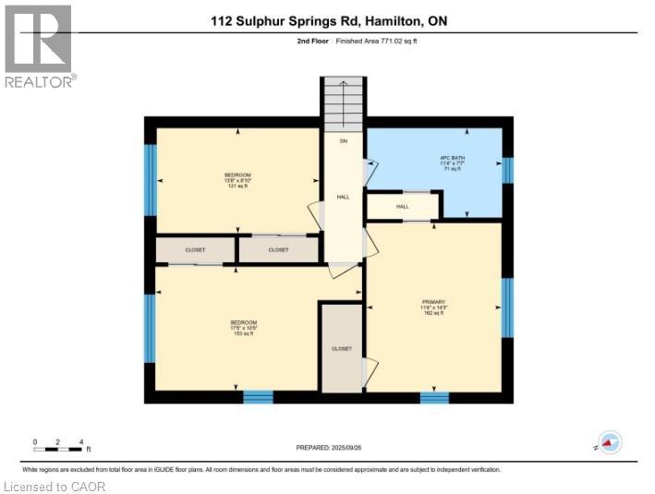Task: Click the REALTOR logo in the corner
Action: [38, 46]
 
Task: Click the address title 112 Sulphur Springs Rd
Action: [327, 19]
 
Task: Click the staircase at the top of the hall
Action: [344, 104]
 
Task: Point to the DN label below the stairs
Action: [343, 141]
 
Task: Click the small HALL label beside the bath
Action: [403, 206]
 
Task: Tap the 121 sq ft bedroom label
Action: [238, 180]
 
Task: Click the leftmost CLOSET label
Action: [195, 249]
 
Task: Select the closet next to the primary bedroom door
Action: [342, 348]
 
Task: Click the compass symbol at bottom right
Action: [609, 443]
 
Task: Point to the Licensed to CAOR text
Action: [55, 486]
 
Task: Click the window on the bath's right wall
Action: [507, 171]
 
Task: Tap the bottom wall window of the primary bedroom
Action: [434, 397]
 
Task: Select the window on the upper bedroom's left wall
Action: [151, 179]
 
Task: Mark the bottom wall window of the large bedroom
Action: [258, 397]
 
